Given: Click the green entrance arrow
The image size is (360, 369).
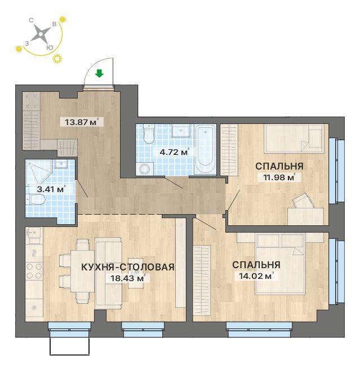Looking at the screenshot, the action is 99,73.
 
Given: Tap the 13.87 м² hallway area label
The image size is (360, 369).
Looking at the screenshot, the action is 81,122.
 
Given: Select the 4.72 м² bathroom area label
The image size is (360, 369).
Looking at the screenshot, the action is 174,152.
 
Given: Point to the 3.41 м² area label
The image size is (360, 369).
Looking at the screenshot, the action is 51,189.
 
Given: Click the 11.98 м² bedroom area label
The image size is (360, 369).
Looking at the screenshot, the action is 279,177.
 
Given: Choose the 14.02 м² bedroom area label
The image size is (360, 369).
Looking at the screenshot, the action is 256,275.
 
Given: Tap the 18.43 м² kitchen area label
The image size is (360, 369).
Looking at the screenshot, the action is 127,278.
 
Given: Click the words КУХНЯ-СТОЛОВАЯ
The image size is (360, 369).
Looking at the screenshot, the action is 128,267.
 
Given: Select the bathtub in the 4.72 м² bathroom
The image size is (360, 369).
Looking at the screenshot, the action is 206,149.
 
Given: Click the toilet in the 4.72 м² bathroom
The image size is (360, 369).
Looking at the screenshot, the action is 149,134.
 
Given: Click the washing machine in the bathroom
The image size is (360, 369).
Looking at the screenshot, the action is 145,168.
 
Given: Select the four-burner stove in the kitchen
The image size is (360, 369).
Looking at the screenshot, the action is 34,270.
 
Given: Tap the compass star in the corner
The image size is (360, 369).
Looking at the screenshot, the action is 41,34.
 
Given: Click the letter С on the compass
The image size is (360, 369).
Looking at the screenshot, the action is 31,20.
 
